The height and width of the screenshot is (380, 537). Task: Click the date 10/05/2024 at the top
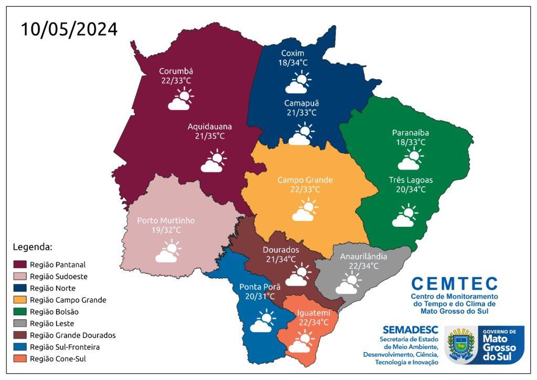click(x=69, y=29)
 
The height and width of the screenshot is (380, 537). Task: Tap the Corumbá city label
click(x=176, y=71)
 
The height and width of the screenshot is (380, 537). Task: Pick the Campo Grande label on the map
click(x=305, y=180)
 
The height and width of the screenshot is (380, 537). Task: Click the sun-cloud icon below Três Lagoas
click(x=404, y=216)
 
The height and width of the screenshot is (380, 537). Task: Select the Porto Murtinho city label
click(x=166, y=221)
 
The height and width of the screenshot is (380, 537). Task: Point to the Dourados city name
click(x=281, y=249)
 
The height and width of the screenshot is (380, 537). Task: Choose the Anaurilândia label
click(x=363, y=257)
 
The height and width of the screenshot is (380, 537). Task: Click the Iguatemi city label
click(x=314, y=313)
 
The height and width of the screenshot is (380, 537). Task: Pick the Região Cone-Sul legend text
click(x=58, y=358)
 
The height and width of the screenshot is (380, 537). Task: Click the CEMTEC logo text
click(x=454, y=284)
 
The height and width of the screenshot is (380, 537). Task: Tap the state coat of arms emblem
click(x=461, y=344)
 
